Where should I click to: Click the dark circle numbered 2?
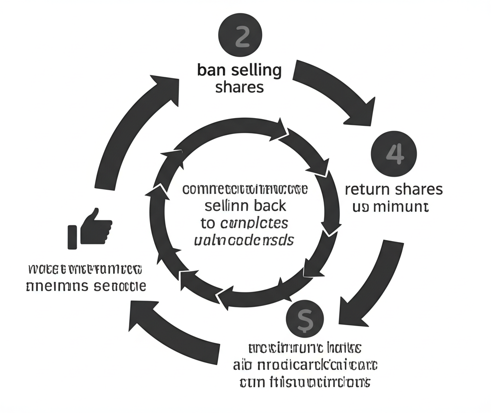point(241,37)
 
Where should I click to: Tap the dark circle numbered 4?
point(394,154)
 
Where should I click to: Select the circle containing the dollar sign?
point(304,318)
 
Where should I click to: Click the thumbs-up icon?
point(91,228)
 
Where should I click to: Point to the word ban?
point(211,71)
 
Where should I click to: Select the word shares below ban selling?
point(240,87)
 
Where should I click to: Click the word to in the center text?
point(207,223)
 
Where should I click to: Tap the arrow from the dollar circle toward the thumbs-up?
point(177,327)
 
